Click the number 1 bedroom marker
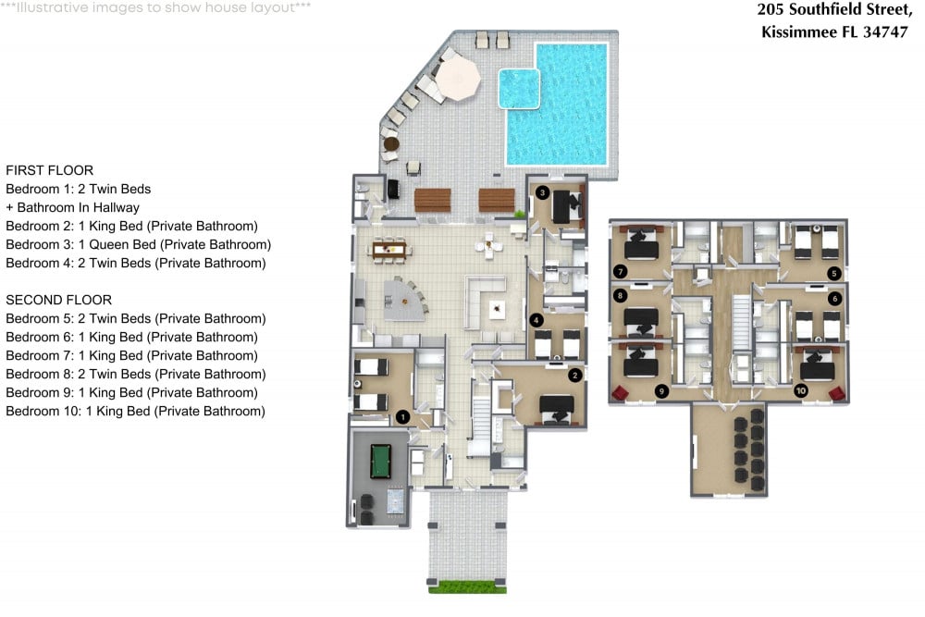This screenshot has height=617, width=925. pyautogui.click(x=402, y=417)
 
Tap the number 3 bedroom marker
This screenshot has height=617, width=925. pyautogui.click(x=543, y=193)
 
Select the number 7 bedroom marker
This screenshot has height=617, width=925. pyautogui.click(x=620, y=271)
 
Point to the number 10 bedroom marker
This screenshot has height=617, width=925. pyautogui.click(x=801, y=391)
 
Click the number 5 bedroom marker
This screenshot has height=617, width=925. pyautogui.click(x=833, y=273)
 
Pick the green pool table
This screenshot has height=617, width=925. pyautogui.click(x=380, y=459)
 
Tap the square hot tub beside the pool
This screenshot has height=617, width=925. pyautogui.click(x=519, y=88)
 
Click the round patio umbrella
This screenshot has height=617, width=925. pyautogui.click(x=459, y=76)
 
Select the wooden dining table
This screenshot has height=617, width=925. pyautogui.click(x=388, y=248)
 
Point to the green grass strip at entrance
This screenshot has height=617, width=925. pyautogui.click(x=468, y=586)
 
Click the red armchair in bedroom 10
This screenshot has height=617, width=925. pyautogui.click(x=837, y=394)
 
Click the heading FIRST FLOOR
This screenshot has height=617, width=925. pyautogui.click(x=49, y=170)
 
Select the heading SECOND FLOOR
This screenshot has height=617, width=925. pyautogui.click(x=58, y=300)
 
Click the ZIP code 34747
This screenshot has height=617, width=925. pyautogui.click(x=885, y=31)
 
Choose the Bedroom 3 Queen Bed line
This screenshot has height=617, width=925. pyautogui.click(x=138, y=244)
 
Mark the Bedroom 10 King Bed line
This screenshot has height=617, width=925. pyautogui.click(x=135, y=411)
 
